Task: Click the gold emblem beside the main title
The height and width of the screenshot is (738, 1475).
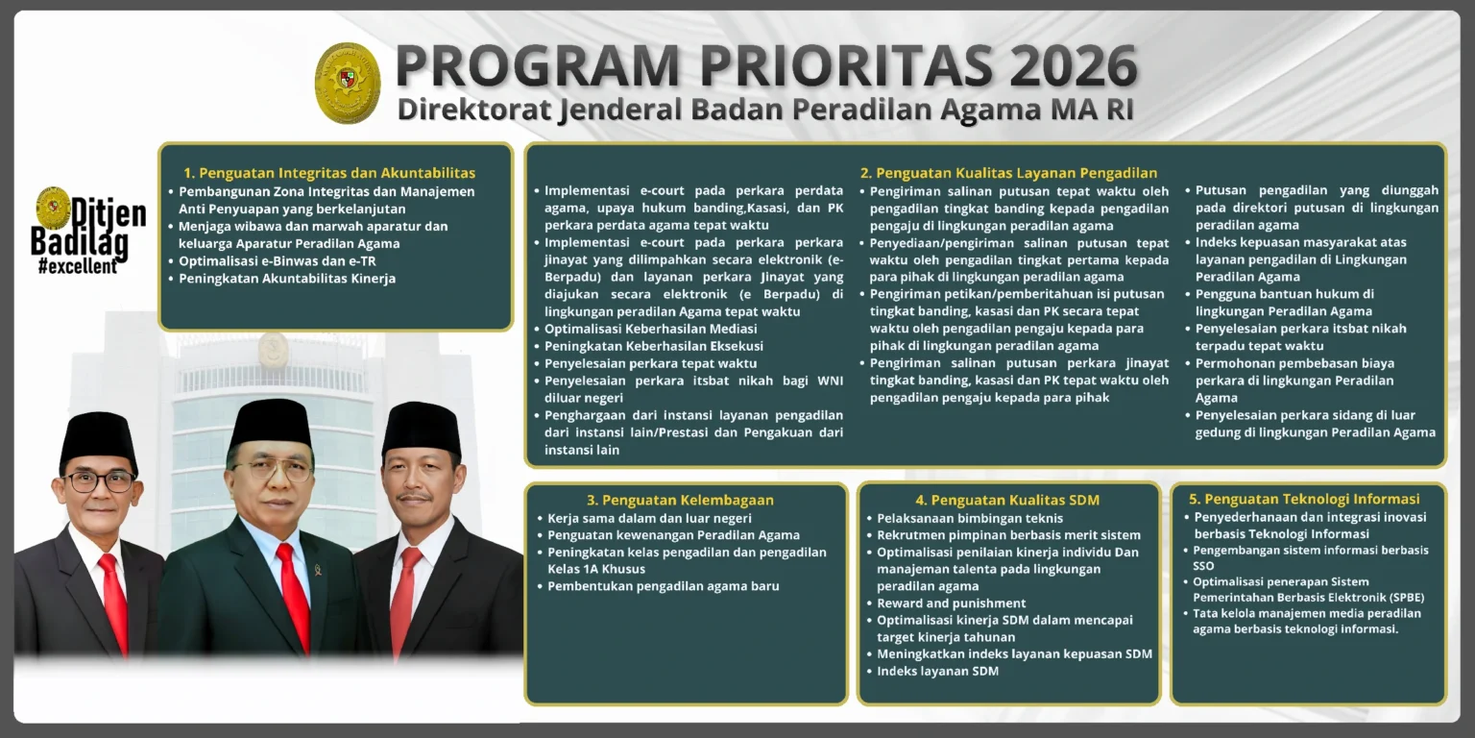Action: click(x=348, y=83)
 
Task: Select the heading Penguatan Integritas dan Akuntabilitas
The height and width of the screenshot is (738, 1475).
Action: click(x=329, y=173)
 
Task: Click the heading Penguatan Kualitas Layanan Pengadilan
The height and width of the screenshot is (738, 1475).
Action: click(x=1008, y=173)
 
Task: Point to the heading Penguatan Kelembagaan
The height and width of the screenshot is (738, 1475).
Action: click(x=680, y=500)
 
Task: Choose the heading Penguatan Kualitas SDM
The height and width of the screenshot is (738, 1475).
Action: click(x=1007, y=500)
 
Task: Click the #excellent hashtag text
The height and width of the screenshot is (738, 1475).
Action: click(x=77, y=266)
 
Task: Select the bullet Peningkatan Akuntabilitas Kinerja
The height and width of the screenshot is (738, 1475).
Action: click(x=287, y=279)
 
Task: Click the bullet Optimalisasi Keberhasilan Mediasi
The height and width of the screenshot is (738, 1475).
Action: click(x=650, y=329)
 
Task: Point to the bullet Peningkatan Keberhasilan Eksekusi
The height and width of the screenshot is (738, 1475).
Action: click(x=654, y=346)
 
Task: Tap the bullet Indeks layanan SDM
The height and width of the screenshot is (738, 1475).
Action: click(x=937, y=671)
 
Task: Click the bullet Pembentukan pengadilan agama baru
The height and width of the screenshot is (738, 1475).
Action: click(x=663, y=586)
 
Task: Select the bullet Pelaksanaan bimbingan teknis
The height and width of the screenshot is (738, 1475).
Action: click(x=956, y=518)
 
